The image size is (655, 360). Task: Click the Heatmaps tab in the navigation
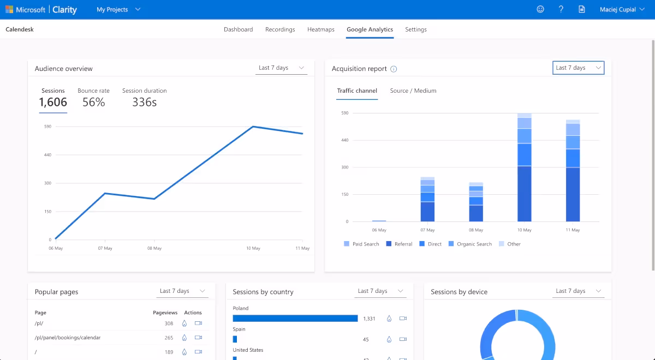pos(320,29)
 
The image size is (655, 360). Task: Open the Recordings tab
pos(280,29)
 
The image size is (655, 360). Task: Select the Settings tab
pos(415,29)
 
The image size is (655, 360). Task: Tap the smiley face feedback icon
pos(540,9)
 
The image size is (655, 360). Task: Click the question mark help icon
pos(561,9)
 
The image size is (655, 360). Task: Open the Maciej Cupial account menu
pos(622,9)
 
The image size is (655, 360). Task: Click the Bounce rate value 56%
pos(93,102)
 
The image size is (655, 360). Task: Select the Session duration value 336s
pos(144,102)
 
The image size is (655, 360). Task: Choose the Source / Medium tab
pos(413,91)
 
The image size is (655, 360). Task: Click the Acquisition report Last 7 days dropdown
pos(578,68)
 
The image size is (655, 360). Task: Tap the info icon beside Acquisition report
pos(394,69)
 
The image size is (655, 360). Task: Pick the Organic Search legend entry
pos(470,244)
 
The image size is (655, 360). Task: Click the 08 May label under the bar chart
pos(476,230)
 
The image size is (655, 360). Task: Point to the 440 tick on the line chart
pos(47,155)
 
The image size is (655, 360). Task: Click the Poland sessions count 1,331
pos(369,319)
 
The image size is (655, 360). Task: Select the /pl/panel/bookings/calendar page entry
pos(67,338)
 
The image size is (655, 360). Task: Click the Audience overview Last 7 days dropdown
pos(281,68)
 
